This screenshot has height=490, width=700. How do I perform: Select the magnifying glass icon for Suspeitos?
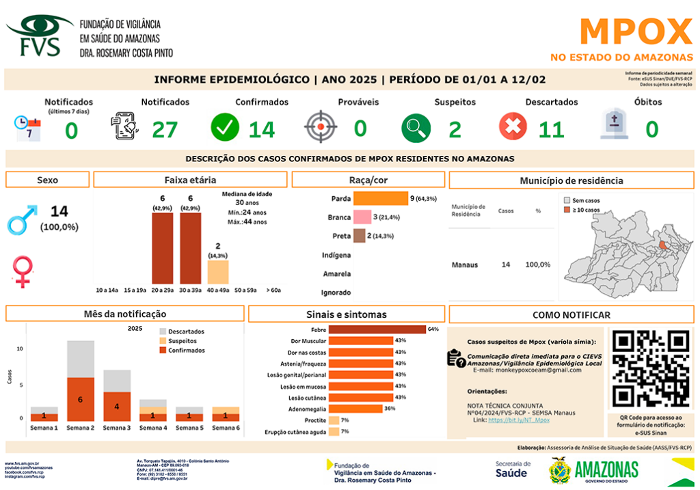(415, 127)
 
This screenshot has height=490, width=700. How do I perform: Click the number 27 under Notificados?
(165, 128)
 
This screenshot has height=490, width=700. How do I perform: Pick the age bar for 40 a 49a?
(218, 271)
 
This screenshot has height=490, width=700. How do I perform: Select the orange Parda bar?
(380, 199)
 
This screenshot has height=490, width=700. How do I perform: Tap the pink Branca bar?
(362, 217)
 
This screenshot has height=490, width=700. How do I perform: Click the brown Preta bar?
(360, 236)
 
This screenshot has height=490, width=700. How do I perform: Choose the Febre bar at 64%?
(377, 329)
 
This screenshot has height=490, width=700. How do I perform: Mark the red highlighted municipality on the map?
(662, 245)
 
